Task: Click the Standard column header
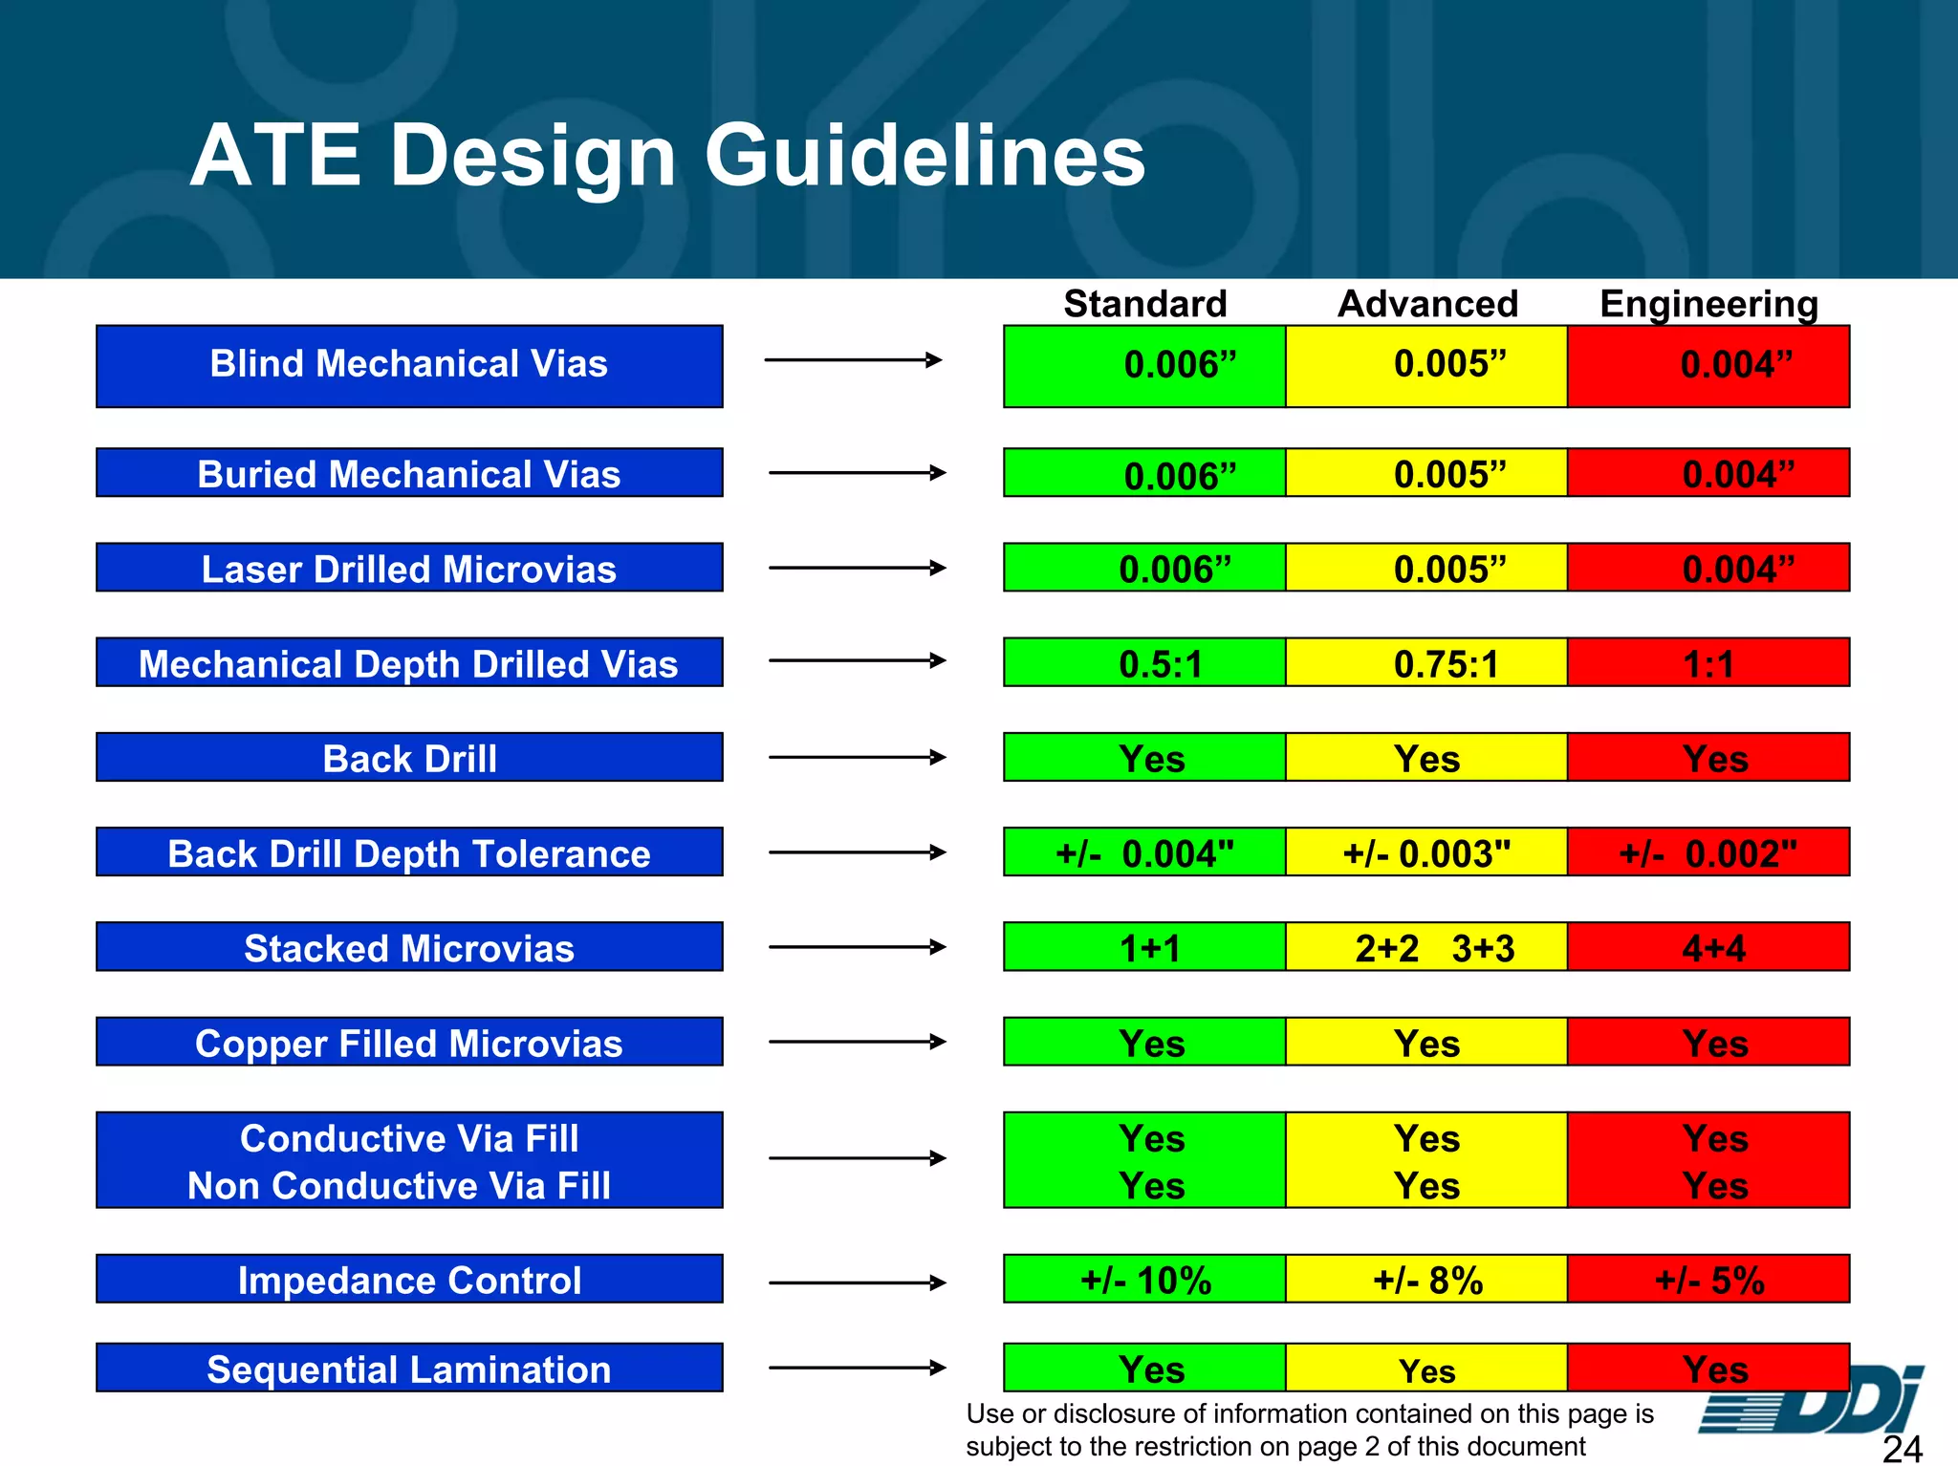[1145, 304]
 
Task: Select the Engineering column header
[1708, 304]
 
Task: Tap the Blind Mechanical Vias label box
[409, 366]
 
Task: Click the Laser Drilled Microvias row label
[409, 568]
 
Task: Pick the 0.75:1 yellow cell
[1426, 662]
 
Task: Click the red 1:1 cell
[1708, 662]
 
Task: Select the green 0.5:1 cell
[1144, 662]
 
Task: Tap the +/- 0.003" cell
[1426, 852]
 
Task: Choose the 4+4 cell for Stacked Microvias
[1708, 947]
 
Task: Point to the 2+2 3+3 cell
[1426, 947]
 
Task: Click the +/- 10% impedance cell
[1144, 1279]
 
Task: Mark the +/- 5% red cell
[1708, 1279]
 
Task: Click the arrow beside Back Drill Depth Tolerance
[857, 852]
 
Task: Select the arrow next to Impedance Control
[857, 1283]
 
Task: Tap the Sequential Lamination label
[409, 1368]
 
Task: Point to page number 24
[1902, 1449]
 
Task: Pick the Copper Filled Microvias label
[409, 1042]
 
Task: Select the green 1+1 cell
[1144, 947]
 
